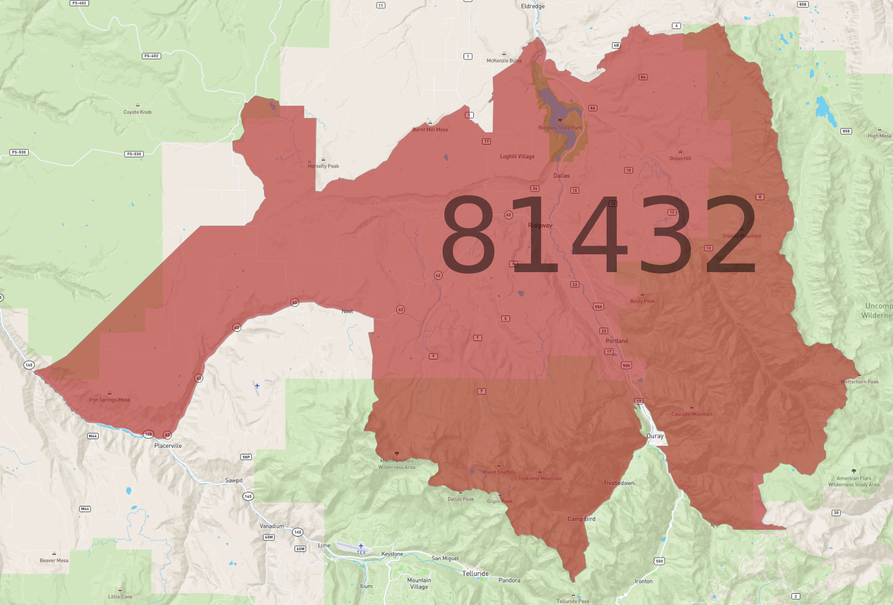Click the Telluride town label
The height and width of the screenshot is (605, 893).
475,574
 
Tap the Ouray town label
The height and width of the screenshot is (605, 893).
655,436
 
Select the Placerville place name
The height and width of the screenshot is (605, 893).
168,446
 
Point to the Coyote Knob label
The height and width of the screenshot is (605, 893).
137,112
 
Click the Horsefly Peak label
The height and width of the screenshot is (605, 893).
323,166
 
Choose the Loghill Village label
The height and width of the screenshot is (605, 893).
517,156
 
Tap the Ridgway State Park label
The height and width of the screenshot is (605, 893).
560,128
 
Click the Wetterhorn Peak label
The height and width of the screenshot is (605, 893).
859,381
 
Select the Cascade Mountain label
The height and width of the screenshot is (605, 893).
692,414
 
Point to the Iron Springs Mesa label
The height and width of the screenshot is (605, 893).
109,400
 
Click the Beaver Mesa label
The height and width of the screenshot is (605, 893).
54,560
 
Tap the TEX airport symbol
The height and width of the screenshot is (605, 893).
361,546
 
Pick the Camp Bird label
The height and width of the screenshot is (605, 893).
582,519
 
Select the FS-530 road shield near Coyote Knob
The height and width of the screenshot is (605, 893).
134,154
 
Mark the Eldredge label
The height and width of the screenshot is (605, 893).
533,6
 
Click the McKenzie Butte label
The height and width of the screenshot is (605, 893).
504,60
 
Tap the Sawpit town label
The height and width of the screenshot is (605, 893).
234,480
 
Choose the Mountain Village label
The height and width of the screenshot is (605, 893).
419,584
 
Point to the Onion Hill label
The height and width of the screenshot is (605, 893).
680,158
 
